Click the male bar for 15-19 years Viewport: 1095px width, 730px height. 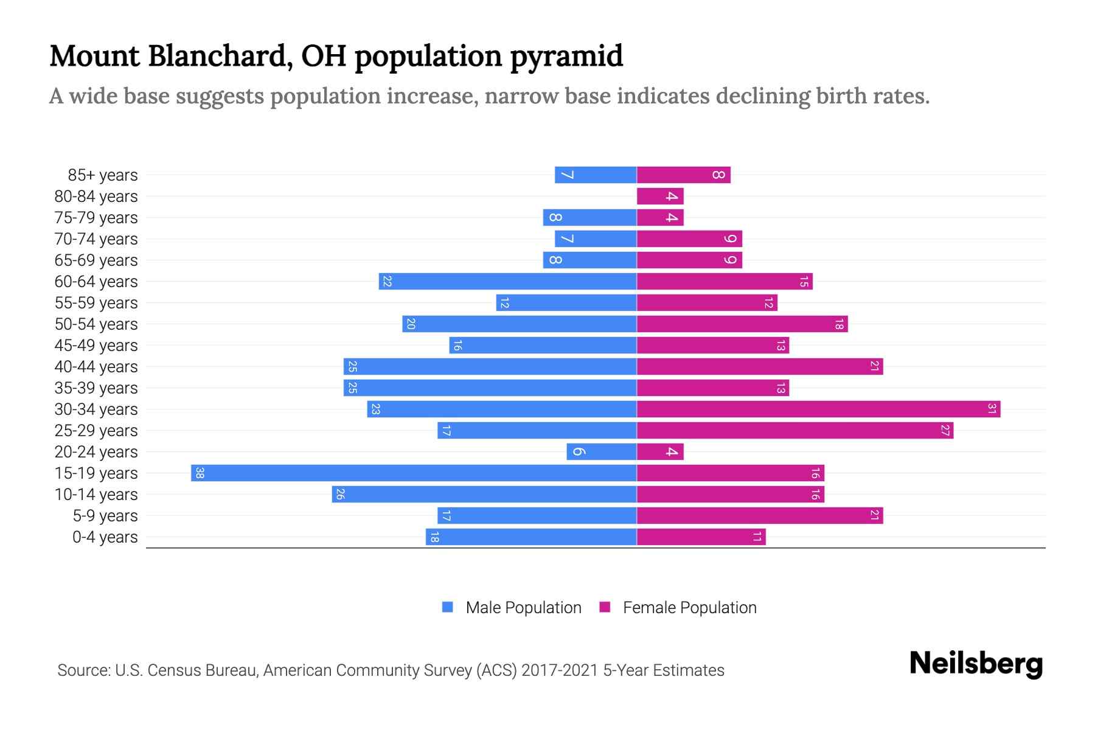pos(414,473)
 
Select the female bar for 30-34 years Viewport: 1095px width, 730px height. pos(818,409)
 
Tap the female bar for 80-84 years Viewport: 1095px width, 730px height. pos(660,196)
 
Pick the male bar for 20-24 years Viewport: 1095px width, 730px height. pos(602,451)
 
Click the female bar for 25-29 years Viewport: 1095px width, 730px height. pos(794,430)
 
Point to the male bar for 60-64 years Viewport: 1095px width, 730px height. pos(507,281)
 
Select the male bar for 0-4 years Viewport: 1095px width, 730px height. pos(531,537)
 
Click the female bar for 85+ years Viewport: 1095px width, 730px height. pos(683,175)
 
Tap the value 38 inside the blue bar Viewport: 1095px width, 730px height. pos(200,473)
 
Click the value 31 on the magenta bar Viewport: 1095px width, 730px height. pos(992,409)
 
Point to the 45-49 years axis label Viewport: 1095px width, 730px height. pos(96,345)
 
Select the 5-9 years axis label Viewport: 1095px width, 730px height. pos(105,515)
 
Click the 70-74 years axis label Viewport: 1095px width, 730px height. pos(96,238)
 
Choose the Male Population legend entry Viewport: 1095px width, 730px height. pos(523,607)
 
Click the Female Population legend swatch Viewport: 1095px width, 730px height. pos(605,607)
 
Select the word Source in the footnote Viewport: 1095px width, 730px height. pos(83,670)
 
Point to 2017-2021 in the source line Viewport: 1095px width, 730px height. pos(560,670)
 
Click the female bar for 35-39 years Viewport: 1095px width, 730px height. pos(713,388)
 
